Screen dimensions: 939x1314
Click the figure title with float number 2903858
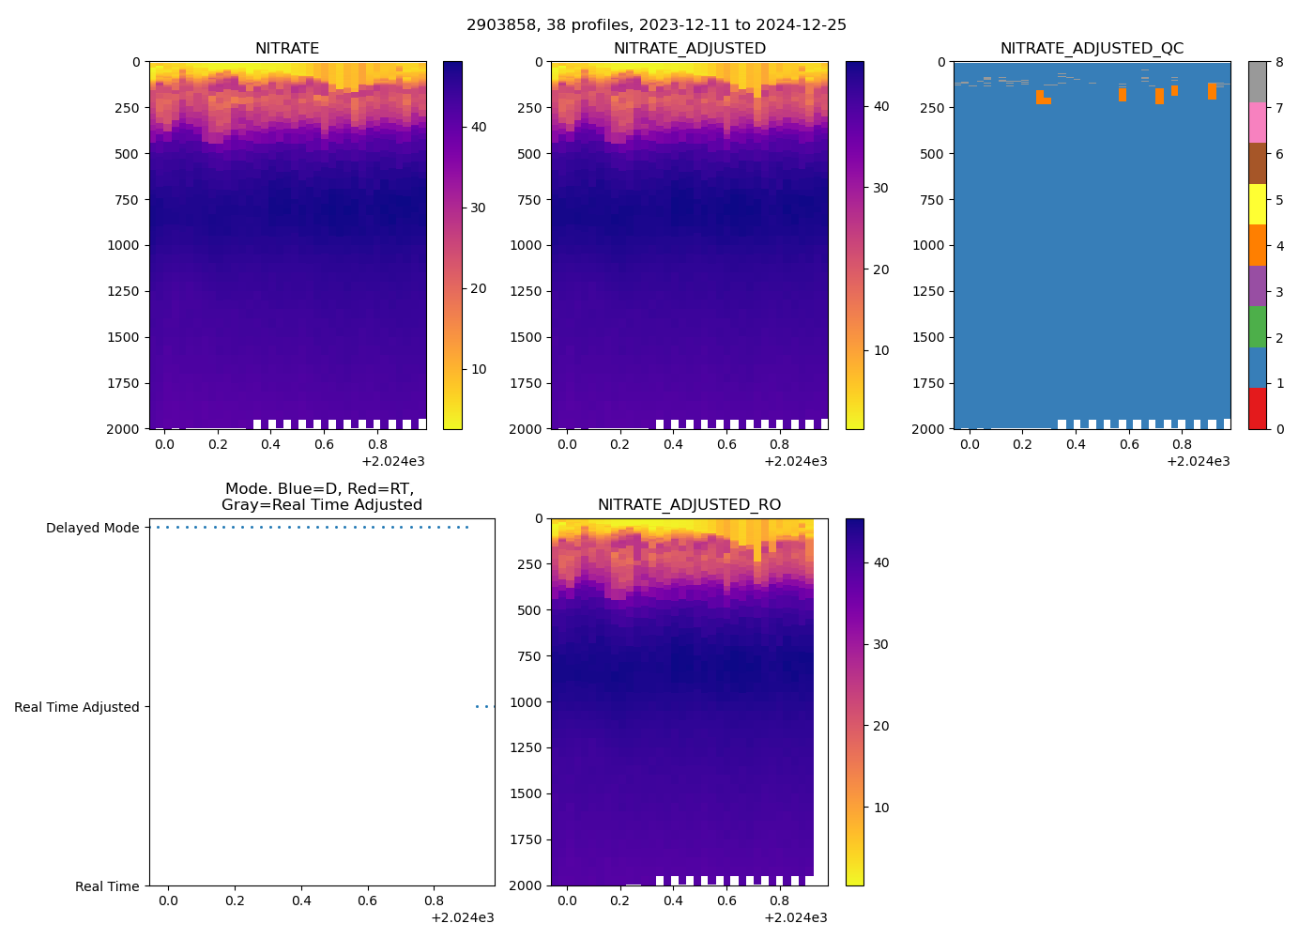tap(656, 25)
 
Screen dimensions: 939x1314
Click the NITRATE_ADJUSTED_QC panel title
tap(1092, 49)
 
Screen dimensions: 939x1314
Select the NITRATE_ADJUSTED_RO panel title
tap(689, 505)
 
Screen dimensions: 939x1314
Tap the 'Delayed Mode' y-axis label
tap(92, 528)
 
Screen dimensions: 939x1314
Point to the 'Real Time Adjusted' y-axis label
tap(77, 707)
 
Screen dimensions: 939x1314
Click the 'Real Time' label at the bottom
tap(107, 886)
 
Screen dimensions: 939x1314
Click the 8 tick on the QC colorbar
tap(1278, 62)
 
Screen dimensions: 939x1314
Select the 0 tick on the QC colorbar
tap(1278, 429)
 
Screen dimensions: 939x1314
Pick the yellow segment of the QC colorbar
tap(1257, 205)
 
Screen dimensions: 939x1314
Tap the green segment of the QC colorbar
tap(1257, 327)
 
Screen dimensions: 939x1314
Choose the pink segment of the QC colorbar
tap(1257, 123)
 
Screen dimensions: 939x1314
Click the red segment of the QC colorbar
tap(1257, 408)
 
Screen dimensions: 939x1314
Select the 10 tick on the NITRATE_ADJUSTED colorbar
tap(881, 350)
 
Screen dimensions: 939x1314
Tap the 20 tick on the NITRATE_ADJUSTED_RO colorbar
tap(881, 726)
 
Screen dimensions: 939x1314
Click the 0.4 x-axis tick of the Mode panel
tap(301, 901)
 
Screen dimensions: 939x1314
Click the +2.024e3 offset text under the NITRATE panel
tap(393, 461)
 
